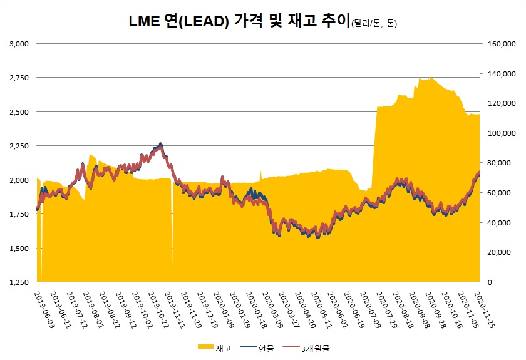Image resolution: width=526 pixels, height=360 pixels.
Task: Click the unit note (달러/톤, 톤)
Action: [x=374, y=24]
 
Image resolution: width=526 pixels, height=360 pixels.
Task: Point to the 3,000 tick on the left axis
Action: [x=20, y=44]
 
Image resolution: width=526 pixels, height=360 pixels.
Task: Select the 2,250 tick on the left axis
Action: [x=20, y=146]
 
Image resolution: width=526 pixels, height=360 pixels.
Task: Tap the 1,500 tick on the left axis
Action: [x=20, y=249]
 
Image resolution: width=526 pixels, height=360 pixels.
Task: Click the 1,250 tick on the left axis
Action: [x=20, y=282]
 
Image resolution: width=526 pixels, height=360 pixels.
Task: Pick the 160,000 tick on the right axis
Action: [x=498, y=44]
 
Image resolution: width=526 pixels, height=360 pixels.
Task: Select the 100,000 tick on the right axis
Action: [x=498, y=133]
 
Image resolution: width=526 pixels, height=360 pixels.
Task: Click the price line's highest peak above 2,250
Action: [x=160, y=143]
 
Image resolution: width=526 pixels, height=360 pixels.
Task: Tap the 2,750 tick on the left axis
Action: [x=20, y=78]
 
